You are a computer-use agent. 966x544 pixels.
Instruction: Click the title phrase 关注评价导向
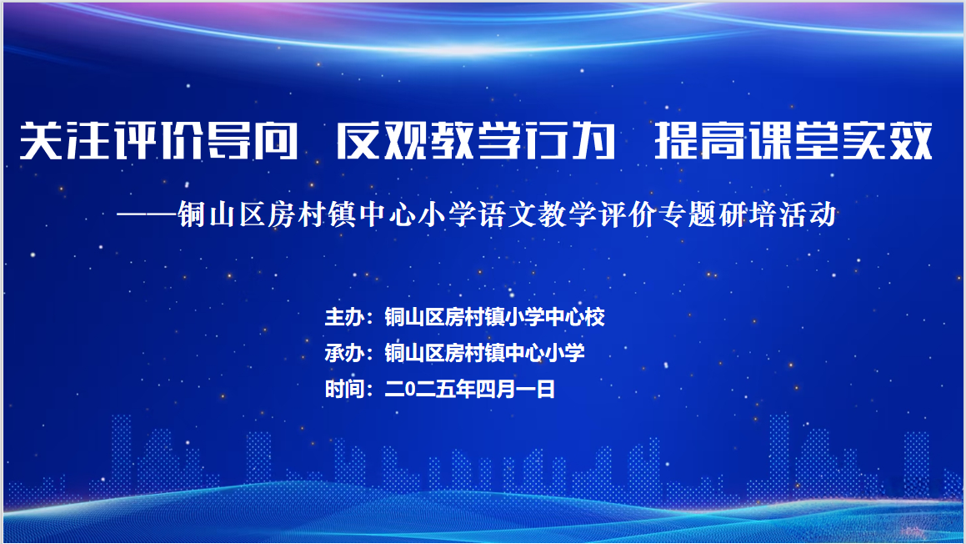(159, 141)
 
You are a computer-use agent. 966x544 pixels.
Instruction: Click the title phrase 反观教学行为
(476, 141)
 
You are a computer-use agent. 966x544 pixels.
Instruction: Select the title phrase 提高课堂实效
(793, 141)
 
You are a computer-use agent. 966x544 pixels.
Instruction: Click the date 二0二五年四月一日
(469, 389)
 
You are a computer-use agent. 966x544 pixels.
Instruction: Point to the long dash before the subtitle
(147, 215)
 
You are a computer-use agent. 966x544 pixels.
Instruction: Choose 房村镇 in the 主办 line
(474, 317)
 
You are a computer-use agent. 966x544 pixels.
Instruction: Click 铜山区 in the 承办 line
(414, 353)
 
